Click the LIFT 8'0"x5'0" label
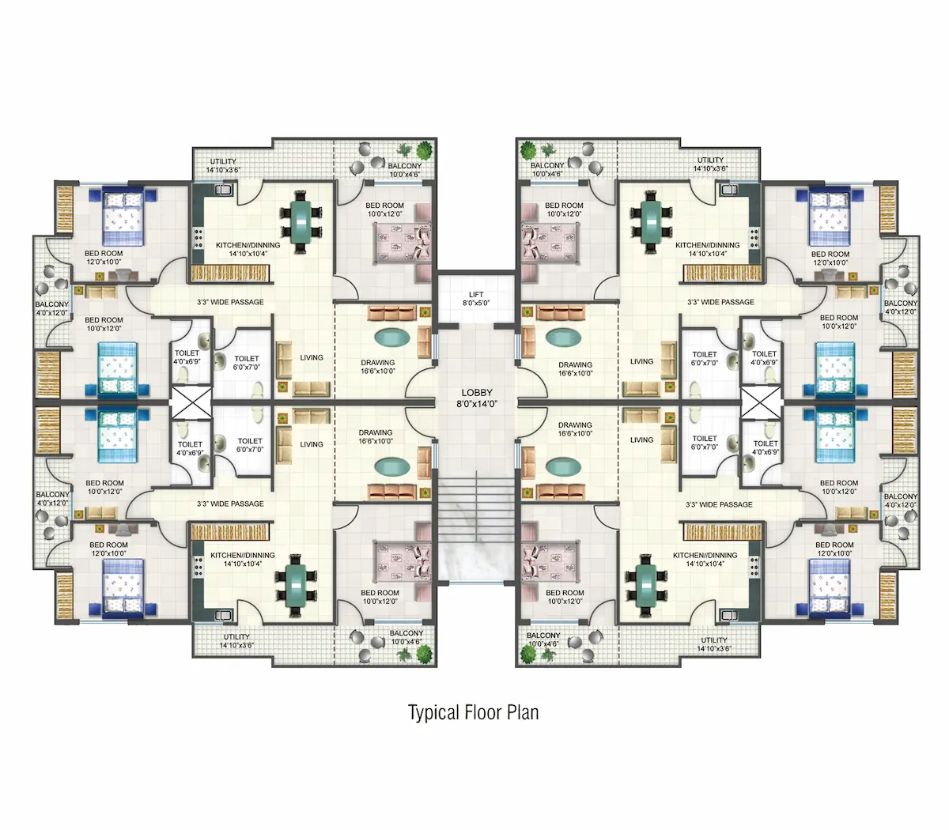click(476, 299)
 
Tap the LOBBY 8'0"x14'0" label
click(477, 398)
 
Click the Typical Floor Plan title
click(474, 712)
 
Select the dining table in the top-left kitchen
click(301, 221)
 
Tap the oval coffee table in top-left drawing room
click(392, 337)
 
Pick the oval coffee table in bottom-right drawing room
click(563, 466)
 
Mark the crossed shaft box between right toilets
click(761, 402)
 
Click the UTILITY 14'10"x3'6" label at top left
click(223, 165)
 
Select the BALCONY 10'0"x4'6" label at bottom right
click(543, 639)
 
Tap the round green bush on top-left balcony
click(424, 150)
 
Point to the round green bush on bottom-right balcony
click(527, 654)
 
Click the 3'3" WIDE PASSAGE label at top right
click(720, 302)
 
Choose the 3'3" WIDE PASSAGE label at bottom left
click(230, 504)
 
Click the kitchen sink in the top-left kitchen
click(225, 190)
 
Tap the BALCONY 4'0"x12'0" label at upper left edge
click(51, 308)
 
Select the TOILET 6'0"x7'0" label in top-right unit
click(705, 358)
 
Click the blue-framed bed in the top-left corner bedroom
click(123, 216)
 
